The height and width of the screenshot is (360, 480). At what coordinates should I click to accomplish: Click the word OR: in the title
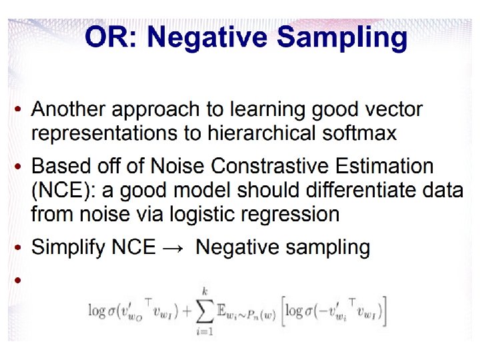(x=111, y=37)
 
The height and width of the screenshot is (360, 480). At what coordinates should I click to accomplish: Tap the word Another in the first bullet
(x=68, y=109)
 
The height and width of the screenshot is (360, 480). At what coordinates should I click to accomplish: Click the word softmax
(x=359, y=133)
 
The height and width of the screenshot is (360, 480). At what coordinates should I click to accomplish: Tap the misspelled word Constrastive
(x=269, y=166)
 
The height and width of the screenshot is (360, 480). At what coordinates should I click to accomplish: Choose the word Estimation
(x=384, y=166)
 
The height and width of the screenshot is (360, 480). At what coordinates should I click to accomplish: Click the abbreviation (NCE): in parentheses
(x=63, y=191)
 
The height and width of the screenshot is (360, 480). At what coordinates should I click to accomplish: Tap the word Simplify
(x=68, y=248)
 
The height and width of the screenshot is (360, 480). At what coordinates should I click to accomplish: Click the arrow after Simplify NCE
(x=173, y=247)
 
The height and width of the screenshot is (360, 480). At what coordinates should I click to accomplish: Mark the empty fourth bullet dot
(x=17, y=280)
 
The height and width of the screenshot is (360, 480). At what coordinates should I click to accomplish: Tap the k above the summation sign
(x=205, y=291)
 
